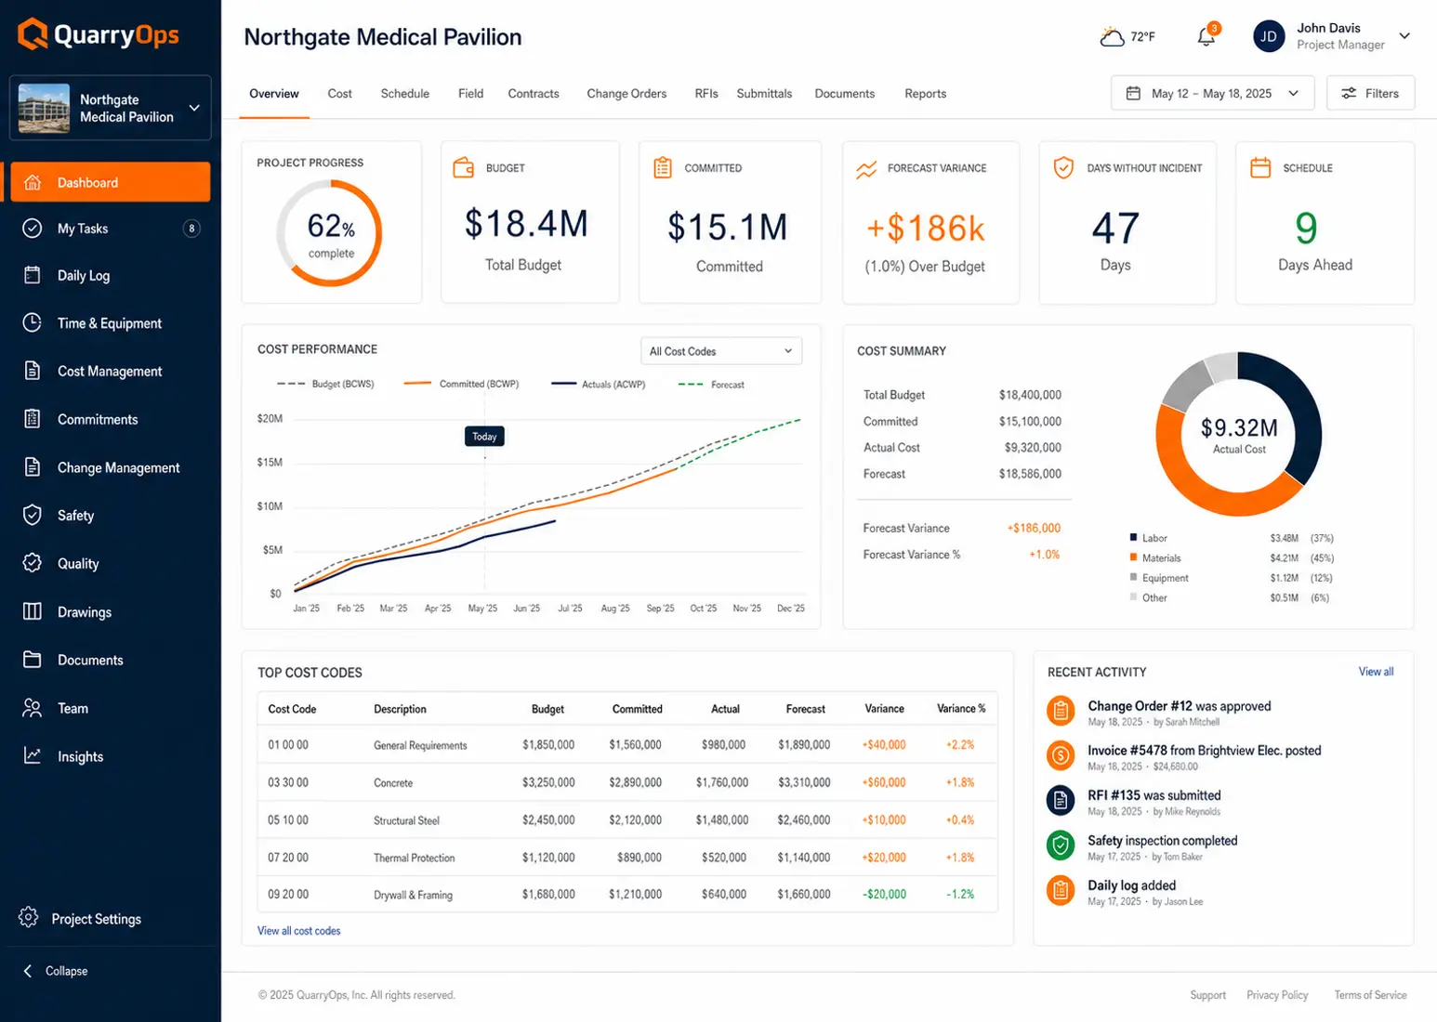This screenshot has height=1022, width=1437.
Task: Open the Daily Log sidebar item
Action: [84, 276]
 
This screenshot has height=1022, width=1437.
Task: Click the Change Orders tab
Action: [626, 94]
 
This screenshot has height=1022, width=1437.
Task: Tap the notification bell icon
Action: [1206, 36]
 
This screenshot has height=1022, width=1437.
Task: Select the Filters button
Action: [1370, 94]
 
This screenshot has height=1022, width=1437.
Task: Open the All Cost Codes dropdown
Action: [721, 351]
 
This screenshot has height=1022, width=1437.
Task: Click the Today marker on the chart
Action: [484, 437]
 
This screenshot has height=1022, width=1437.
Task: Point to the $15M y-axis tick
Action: [270, 463]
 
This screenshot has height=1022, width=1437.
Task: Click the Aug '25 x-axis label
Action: [615, 608]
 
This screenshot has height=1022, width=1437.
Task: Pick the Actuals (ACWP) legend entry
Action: [599, 384]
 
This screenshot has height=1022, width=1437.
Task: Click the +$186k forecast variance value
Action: [925, 229]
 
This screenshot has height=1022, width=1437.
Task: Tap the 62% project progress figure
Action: [331, 226]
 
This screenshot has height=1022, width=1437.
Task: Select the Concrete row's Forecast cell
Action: [804, 782]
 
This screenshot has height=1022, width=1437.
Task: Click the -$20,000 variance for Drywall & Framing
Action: [884, 894]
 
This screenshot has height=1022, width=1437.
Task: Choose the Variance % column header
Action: [961, 709]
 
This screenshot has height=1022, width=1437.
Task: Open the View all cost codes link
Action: [299, 930]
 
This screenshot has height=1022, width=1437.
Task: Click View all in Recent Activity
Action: [1376, 672]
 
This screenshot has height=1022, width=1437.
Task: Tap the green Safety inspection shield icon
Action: [1061, 845]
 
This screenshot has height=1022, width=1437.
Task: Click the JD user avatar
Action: [1268, 36]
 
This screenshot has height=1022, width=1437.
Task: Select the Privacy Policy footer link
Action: [1276, 994]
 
